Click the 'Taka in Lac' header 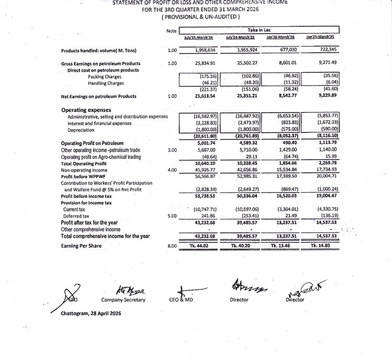click(259, 30)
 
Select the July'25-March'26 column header click(199, 37)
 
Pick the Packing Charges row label click(105, 76)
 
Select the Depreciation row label click(80, 130)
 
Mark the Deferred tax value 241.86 click(204, 216)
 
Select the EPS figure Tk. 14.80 click(322, 245)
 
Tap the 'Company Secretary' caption click(123, 300)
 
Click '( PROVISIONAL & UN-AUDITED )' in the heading click(201, 17)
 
